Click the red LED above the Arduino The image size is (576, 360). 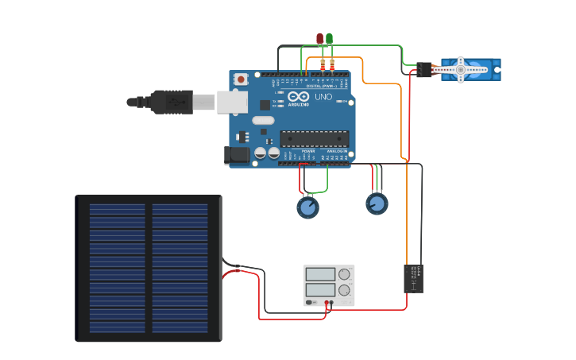[x=320, y=38]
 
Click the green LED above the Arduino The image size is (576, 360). [x=330, y=38]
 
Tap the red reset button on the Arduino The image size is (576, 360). [x=241, y=79]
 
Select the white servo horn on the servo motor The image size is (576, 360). [x=461, y=70]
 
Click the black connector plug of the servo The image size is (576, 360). [x=423, y=70]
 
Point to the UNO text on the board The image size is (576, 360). [x=323, y=97]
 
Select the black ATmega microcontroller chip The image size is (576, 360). [x=314, y=138]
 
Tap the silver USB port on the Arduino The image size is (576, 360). [x=232, y=102]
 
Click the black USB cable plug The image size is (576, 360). [x=171, y=102]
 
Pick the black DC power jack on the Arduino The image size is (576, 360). [x=237, y=155]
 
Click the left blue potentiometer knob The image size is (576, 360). [x=307, y=207]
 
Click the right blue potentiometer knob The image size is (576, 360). [x=377, y=203]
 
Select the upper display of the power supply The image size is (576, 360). [x=320, y=274]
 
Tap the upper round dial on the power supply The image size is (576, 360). [x=345, y=274]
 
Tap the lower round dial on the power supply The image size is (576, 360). [x=345, y=290]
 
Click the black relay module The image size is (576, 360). [x=413, y=278]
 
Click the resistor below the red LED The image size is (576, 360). [x=323, y=64]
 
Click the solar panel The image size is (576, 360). [x=149, y=268]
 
